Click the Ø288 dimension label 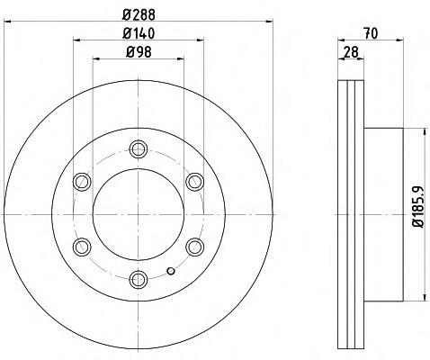pyautogui.click(x=139, y=14)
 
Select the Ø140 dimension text pyautogui.click(x=139, y=33)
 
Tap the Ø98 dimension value pyautogui.click(x=139, y=52)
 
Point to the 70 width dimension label pyautogui.click(x=371, y=33)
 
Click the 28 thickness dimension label pyautogui.click(x=351, y=52)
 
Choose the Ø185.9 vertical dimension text pyautogui.click(x=418, y=207)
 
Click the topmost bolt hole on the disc pyautogui.click(x=139, y=149)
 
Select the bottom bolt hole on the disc pyautogui.click(x=139, y=280)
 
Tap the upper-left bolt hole pyautogui.click(x=82, y=182)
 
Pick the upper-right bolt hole pyautogui.click(x=195, y=182)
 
